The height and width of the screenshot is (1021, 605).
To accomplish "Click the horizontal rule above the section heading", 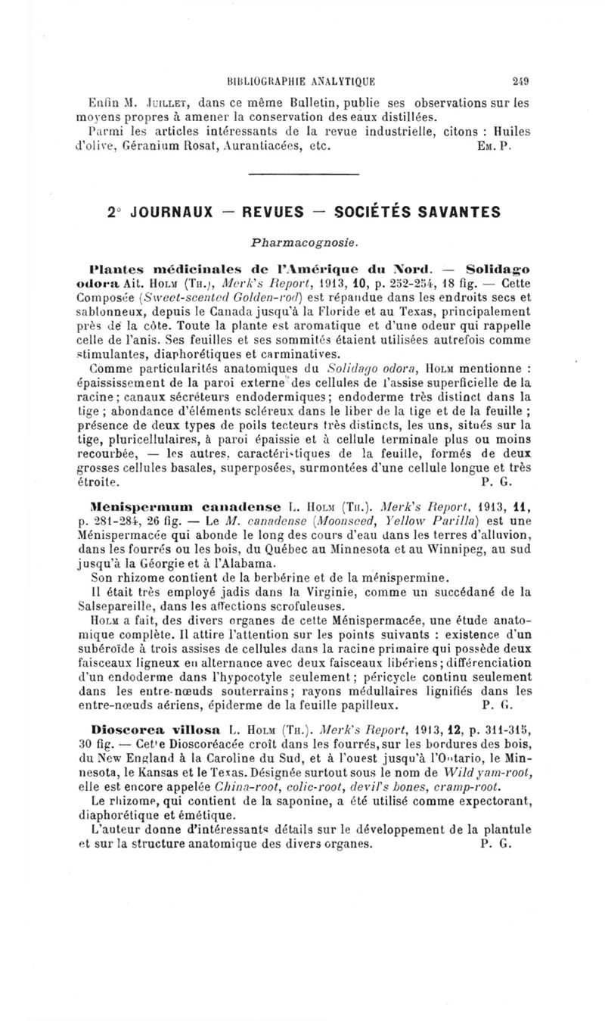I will point(302,176).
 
